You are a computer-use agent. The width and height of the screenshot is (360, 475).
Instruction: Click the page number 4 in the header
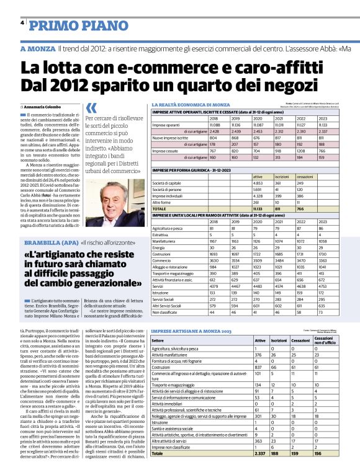(22, 23)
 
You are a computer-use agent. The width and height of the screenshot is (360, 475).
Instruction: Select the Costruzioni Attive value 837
(260, 384)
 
